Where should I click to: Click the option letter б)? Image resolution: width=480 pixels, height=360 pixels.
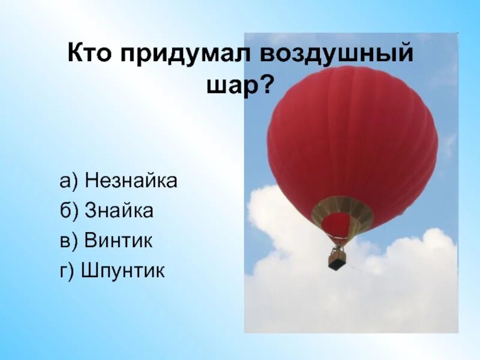coord(70,211)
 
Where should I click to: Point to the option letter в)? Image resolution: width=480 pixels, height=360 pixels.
coord(70,241)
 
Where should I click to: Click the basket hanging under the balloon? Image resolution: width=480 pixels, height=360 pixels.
coord(337,260)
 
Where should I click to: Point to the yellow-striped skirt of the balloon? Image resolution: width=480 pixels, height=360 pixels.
coord(342,207)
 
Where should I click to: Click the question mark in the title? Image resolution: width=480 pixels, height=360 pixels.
coord(265,86)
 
